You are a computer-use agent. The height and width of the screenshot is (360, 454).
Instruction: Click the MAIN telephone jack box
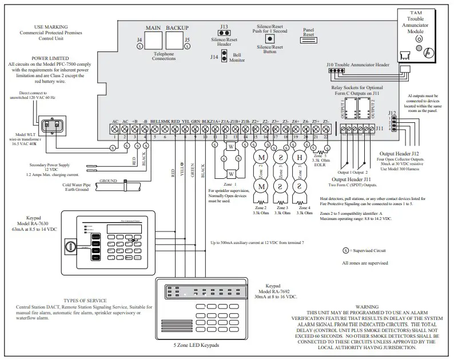(x=153, y=41)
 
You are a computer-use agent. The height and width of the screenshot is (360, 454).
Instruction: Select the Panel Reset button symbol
(x=308, y=41)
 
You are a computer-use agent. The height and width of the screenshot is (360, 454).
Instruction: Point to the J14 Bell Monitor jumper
(x=224, y=56)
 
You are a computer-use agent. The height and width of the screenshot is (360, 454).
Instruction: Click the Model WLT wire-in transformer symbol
(x=53, y=123)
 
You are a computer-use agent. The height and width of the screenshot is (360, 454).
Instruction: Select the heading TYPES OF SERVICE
(x=86, y=300)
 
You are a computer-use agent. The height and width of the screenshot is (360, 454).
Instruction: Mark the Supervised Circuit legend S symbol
(x=345, y=251)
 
